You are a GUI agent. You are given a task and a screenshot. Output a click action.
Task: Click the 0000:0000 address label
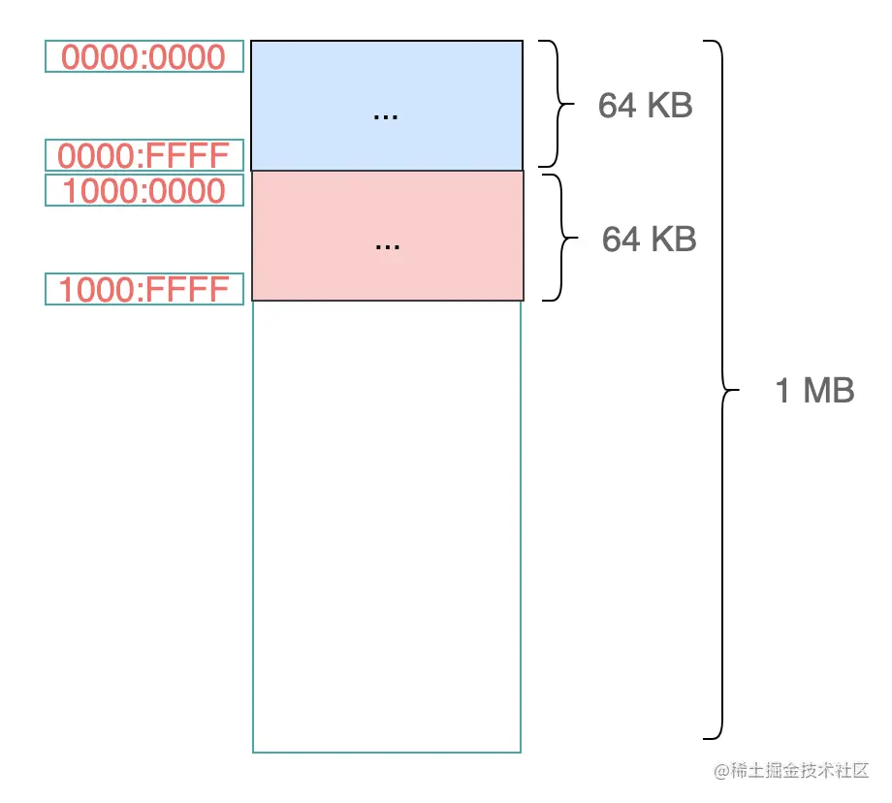coord(143,57)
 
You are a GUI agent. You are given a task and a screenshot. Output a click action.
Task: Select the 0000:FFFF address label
coord(143,155)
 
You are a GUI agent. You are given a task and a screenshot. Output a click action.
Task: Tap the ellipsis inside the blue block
coord(386,115)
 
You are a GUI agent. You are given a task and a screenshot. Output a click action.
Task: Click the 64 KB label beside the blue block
coord(645,105)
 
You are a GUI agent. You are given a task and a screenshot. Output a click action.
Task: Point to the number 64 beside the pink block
coord(621,239)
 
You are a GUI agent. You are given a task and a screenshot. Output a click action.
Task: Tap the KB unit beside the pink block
coord(673,239)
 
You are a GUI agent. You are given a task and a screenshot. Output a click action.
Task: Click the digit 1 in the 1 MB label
coord(783,391)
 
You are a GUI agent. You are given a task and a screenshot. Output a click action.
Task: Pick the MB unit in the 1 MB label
coord(829,391)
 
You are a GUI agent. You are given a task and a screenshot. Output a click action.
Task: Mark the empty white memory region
coord(386,524)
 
